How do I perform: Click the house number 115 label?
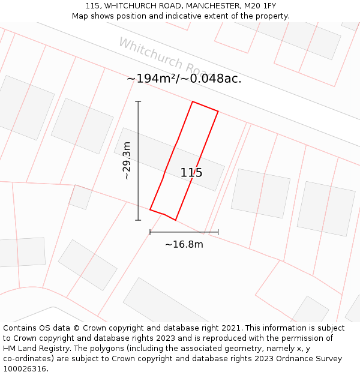click(x=191, y=173)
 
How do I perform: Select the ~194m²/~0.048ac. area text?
click(x=184, y=79)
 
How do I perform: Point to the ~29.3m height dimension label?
click(x=127, y=161)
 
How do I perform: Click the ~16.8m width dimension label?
click(x=184, y=244)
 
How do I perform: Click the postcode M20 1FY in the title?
click(x=261, y=6)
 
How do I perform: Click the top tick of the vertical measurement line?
click(x=138, y=102)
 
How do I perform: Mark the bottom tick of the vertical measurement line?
click(x=138, y=220)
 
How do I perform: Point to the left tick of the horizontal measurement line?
click(x=150, y=232)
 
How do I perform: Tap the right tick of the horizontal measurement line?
click(x=218, y=232)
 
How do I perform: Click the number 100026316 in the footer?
click(x=24, y=369)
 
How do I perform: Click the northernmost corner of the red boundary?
click(x=193, y=102)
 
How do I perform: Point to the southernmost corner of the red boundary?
click(x=175, y=220)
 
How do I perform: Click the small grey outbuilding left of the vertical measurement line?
click(x=79, y=197)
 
